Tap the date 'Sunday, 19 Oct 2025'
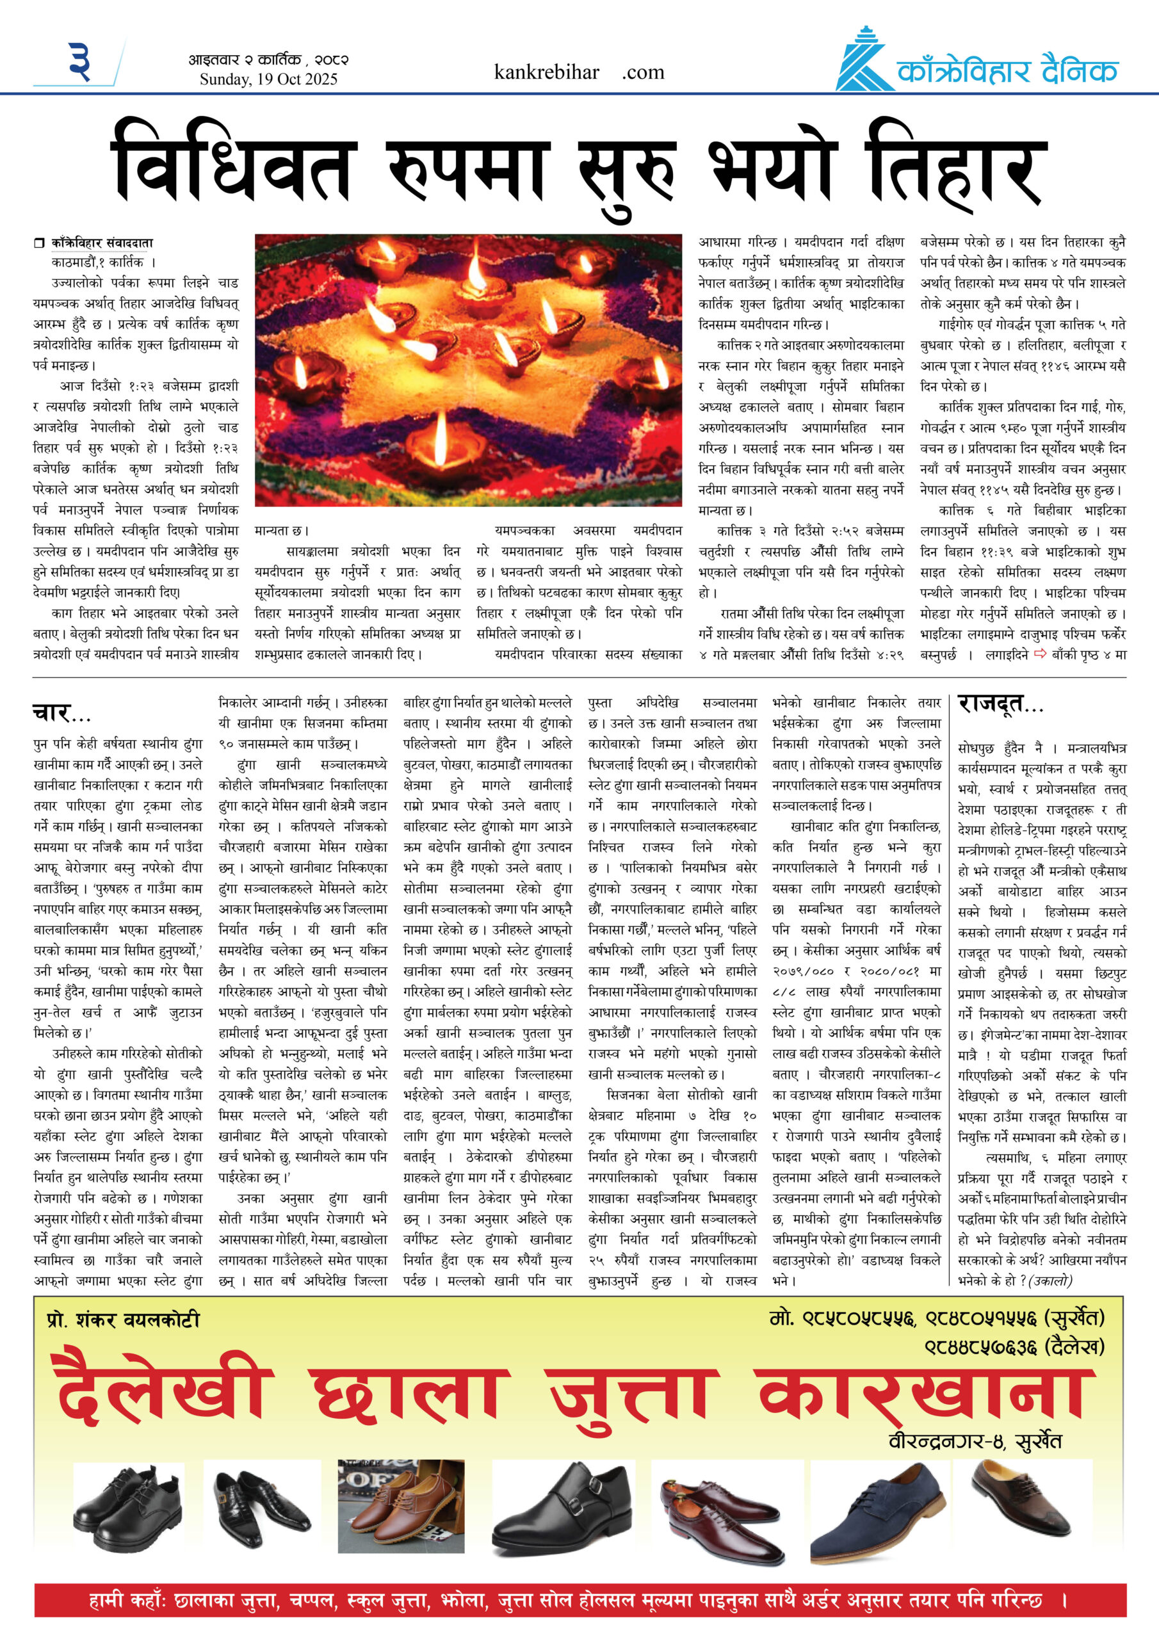(268, 79)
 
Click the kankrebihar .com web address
(578, 72)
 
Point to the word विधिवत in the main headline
(232, 172)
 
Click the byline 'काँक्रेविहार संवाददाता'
(101, 243)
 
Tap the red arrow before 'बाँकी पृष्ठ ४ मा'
(1039, 653)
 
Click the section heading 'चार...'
(61, 713)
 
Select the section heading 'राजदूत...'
(1000, 704)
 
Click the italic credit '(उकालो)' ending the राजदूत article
(1050, 1280)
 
